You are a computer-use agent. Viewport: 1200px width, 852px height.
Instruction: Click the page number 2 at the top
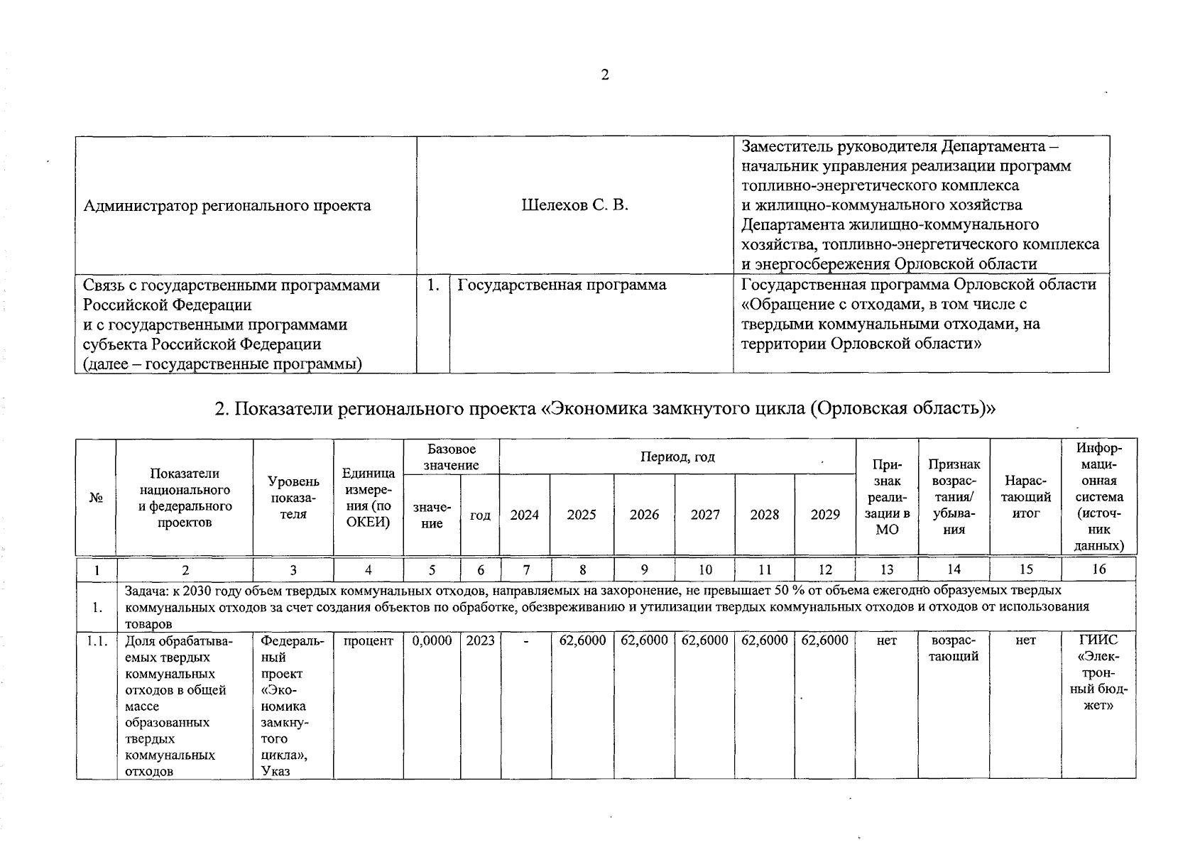(x=604, y=75)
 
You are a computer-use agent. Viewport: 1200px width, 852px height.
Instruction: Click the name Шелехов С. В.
(x=574, y=205)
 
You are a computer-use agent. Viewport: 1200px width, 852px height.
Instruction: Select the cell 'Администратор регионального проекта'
(x=227, y=206)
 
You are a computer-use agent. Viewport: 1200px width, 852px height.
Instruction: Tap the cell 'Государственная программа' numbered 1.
(x=562, y=285)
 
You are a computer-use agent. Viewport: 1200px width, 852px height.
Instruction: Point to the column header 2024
(x=524, y=515)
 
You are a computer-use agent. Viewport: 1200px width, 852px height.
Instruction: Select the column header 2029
(x=825, y=515)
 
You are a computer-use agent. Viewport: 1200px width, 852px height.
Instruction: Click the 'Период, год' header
(x=677, y=457)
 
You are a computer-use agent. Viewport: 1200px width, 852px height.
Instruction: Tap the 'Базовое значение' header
(x=451, y=457)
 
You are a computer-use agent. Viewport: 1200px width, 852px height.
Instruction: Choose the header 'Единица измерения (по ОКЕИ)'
(x=368, y=498)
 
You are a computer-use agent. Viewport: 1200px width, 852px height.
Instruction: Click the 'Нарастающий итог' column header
(x=1025, y=498)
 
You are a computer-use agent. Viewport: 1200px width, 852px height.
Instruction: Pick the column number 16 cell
(x=1098, y=569)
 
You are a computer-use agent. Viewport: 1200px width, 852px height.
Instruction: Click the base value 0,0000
(x=432, y=640)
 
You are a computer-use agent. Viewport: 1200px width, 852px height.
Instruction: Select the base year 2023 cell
(x=480, y=640)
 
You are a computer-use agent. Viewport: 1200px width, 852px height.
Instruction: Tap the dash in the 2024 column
(x=525, y=640)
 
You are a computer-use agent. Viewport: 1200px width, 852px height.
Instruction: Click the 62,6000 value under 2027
(x=704, y=640)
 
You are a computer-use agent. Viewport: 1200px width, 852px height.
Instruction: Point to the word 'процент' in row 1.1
(x=368, y=640)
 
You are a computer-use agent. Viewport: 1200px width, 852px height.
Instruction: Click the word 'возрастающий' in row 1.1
(x=954, y=648)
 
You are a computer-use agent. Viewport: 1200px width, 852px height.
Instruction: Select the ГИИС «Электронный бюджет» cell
(x=1098, y=672)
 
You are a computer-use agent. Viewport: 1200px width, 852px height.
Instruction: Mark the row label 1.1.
(x=96, y=640)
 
